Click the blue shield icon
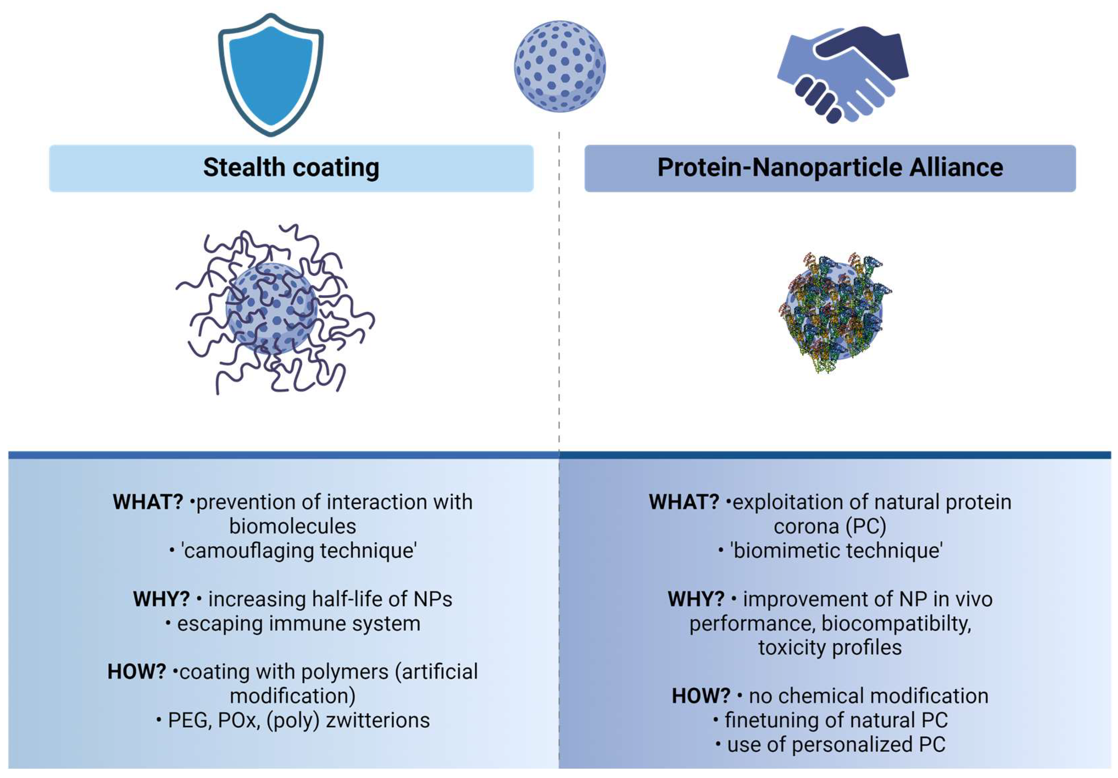pos(271,73)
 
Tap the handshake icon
pos(842,73)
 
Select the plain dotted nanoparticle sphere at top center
pos(560,66)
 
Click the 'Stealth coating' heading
pos(291,168)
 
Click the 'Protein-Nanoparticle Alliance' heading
pos(830,168)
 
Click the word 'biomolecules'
pos(293,526)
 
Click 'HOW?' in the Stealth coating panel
pos(137,672)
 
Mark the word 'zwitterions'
pos(378,720)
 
